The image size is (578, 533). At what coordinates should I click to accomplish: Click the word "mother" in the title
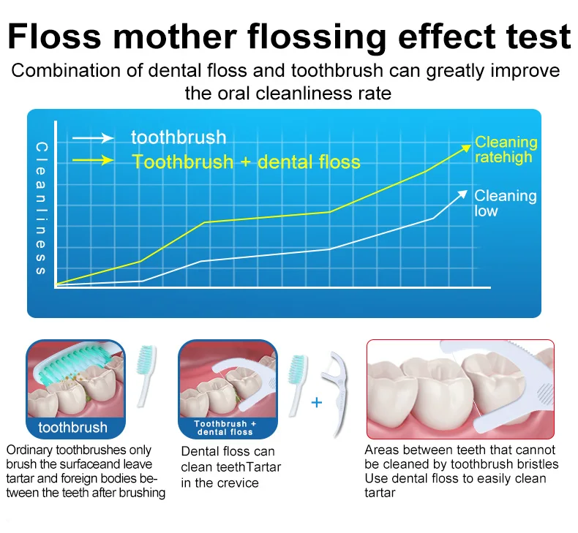click(175, 36)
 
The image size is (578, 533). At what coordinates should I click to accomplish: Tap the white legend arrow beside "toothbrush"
click(93, 138)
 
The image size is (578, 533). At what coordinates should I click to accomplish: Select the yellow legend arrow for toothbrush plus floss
click(93, 160)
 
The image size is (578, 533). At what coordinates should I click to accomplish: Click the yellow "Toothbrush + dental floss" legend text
click(247, 162)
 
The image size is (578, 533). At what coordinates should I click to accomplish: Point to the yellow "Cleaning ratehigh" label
click(506, 149)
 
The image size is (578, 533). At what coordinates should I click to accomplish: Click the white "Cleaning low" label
click(505, 203)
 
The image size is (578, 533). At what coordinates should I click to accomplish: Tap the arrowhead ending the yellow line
click(467, 148)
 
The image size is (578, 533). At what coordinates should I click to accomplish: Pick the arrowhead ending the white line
click(462, 194)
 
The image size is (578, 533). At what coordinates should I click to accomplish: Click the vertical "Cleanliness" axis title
click(41, 208)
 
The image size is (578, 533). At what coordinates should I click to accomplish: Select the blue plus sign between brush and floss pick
click(317, 402)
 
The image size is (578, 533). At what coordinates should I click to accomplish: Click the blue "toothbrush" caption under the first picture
click(72, 427)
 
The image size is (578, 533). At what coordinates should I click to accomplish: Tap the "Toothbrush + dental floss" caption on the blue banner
click(225, 428)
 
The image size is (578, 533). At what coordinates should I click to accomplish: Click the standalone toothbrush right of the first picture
click(146, 376)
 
